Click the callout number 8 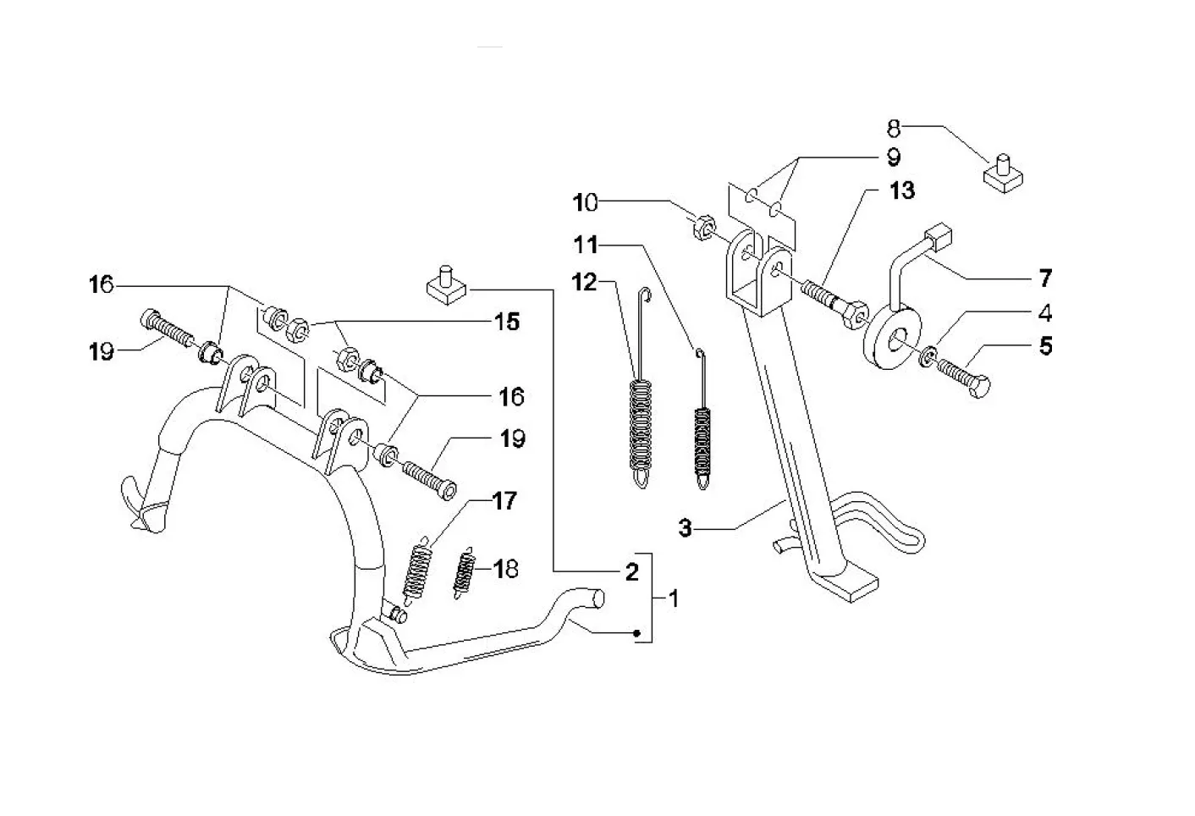[894, 129]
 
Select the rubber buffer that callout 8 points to [1003, 174]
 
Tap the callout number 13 [902, 190]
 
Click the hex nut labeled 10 [703, 228]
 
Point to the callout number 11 [586, 245]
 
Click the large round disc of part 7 [891, 336]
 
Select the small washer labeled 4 [927, 356]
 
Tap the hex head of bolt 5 [980, 386]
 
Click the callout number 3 [685, 528]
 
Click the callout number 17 [504, 501]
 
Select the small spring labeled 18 [465, 573]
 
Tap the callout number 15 [506, 322]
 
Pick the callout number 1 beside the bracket [674, 598]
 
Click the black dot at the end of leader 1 [636, 633]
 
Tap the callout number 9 [894, 157]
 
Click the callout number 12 [584, 283]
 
